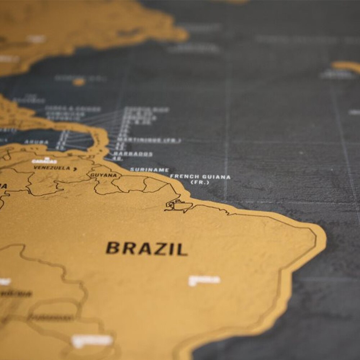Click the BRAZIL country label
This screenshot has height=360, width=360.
tap(146, 248)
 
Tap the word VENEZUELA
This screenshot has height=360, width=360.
tap(52, 168)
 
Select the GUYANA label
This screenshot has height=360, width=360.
tap(103, 175)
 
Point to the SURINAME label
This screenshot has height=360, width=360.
tap(149, 169)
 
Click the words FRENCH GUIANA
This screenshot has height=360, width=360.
tap(200, 177)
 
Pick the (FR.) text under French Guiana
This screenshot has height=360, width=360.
tap(200, 183)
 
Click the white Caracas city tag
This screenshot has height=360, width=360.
tap(44, 161)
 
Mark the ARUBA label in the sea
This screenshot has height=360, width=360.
tap(36, 142)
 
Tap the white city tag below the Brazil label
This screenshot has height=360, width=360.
tap(204, 280)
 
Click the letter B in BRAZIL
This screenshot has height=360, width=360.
tap(112, 248)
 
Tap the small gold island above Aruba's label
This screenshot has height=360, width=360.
tap(78, 82)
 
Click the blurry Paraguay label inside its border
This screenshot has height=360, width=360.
tap(50, 317)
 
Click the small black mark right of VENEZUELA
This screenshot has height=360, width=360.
tap(75, 168)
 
